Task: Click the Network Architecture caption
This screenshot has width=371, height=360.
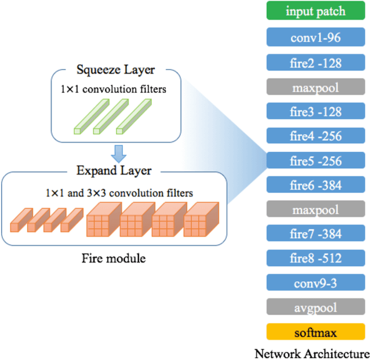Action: (312, 353)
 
